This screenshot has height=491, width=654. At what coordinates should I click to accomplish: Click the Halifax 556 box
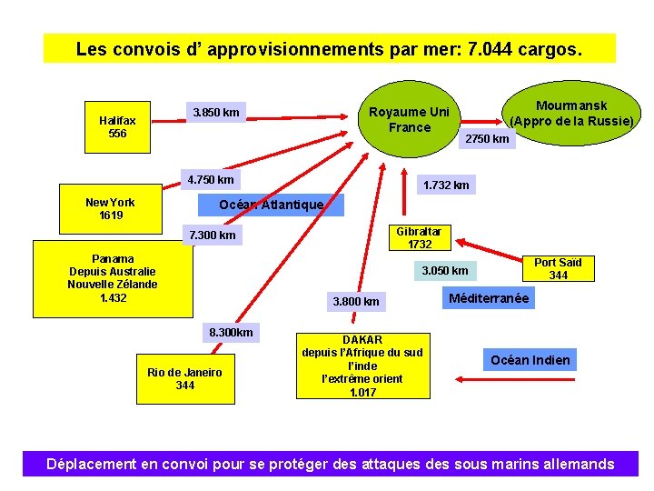tap(118, 127)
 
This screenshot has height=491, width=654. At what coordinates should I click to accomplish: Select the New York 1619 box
tap(110, 209)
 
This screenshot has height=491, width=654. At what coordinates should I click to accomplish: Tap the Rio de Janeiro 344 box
tap(184, 378)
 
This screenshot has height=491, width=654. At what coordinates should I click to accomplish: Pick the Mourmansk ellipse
tap(571, 114)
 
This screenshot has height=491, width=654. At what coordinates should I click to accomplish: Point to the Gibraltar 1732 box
tap(420, 238)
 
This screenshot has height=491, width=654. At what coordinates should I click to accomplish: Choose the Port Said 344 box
tap(558, 269)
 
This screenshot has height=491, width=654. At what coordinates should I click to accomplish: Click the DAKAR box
tap(362, 366)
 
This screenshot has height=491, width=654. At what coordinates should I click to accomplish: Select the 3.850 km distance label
tap(216, 113)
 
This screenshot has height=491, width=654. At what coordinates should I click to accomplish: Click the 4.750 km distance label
tap(211, 179)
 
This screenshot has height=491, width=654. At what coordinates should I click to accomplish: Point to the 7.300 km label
tap(212, 236)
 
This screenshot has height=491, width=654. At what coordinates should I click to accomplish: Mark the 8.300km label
tap(231, 333)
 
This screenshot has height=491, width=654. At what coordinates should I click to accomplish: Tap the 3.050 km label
tap(445, 271)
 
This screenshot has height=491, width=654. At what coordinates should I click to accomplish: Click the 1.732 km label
tap(446, 185)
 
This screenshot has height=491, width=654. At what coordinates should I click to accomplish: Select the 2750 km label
tap(487, 138)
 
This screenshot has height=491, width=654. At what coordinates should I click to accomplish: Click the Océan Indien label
tap(530, 360)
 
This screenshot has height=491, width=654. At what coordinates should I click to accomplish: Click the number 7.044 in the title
tap(490, 48)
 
